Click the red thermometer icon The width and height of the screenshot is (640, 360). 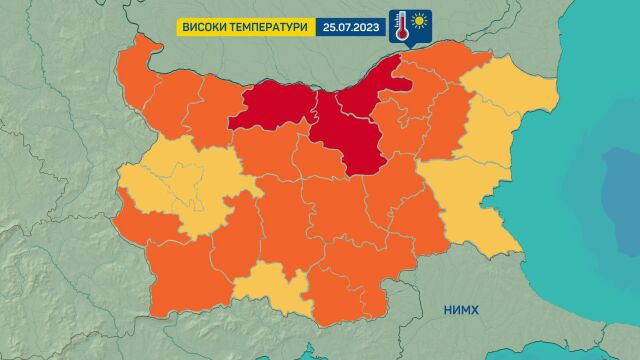(x=401, y=26)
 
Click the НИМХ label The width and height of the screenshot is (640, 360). (x=461, y=310)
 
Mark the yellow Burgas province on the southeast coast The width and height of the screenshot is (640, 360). (x=470, y=200)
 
